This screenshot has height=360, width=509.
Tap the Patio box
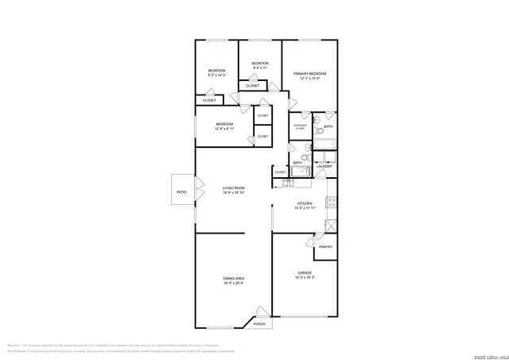click(181, 192)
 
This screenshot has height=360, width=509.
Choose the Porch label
click(259, 323)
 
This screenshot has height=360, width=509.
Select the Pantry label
click(325, 247)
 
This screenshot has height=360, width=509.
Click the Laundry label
click(324, 165)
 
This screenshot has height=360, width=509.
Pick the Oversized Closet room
click(300, 126)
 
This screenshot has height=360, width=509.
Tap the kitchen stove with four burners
click(332, 202)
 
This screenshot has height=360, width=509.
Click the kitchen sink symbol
click(287, 184)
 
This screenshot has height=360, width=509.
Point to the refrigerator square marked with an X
click(326, 224)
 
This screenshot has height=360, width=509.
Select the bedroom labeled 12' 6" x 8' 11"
click(224, 126)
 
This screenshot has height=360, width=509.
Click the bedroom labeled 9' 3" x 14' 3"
click(217, 72)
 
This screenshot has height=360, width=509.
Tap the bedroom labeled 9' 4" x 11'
click(260, 65)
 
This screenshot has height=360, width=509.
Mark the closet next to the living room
click(280, 172)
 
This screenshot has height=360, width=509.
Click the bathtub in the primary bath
click(326, 145)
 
